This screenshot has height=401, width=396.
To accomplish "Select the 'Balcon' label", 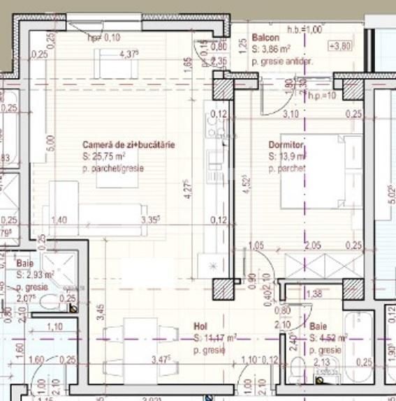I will click(x=265, y=38).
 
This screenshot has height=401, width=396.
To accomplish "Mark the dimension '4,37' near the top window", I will click(x=129, y=54).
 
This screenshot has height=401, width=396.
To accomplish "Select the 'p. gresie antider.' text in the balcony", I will click(x=283, y=61).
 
